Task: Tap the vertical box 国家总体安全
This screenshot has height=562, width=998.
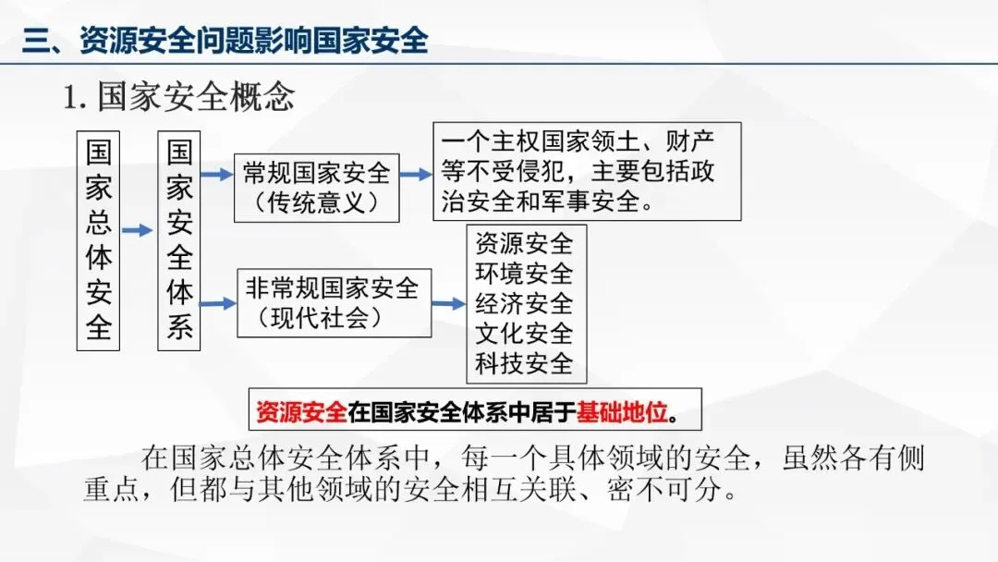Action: (99, 240)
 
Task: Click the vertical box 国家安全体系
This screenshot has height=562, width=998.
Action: (179, 240)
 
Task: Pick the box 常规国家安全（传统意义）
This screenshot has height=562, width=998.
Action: (316, 188)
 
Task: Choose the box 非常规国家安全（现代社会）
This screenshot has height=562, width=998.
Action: (334, 302)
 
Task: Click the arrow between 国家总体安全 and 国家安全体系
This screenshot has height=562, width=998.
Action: (138, 231)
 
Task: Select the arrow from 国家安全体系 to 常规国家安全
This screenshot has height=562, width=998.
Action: (218, 175)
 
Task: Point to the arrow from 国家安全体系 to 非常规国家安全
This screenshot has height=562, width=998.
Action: (218, 302)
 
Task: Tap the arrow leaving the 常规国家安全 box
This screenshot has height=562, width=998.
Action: (416, 174)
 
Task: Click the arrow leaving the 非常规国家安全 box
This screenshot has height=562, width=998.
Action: (448, 303)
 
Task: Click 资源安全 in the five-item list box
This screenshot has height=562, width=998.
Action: (524, 244)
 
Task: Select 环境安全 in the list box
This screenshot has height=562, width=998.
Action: (524, 274)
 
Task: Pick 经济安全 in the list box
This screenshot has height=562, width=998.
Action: (524, 304)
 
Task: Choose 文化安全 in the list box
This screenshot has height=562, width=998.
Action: (524, 334)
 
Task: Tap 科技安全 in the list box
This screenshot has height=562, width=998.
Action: (524, 363)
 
